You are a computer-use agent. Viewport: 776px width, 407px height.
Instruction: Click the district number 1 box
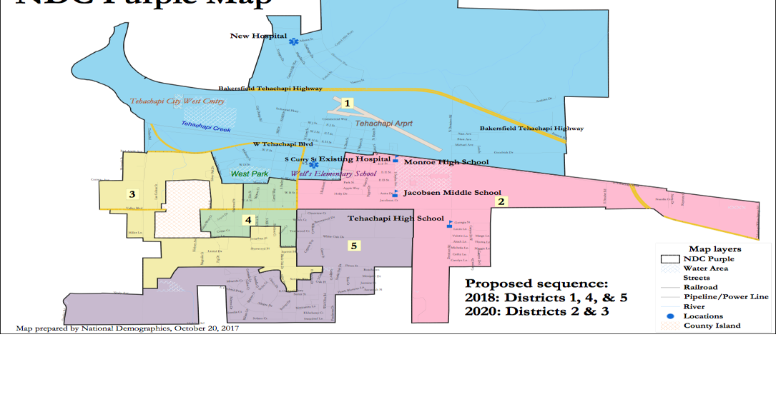[348, 103]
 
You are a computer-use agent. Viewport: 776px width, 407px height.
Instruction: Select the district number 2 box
[501, 201]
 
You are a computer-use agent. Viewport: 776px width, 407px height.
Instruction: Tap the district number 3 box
[132, 194]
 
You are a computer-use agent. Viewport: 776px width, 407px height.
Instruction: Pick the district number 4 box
[248, 220]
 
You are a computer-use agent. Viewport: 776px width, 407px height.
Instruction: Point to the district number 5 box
[354, 245]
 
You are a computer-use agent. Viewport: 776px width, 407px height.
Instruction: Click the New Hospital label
[258, 36]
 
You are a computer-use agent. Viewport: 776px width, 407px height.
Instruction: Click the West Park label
[249, 174]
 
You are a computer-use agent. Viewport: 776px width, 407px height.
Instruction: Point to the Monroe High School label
[446, 162]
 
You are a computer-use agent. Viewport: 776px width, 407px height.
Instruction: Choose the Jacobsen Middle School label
[452, 193]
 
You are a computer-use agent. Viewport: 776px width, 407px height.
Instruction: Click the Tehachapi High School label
[396, 218]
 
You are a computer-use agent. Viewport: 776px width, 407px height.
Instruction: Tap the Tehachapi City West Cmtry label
[177, 101]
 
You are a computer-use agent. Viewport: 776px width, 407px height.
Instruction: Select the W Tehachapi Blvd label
[284, 144]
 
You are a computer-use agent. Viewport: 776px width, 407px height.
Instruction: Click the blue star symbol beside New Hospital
[293, 41]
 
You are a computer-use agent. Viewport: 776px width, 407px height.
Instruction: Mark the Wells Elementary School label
[333, 174]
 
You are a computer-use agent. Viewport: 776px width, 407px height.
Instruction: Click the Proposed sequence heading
[536, 283]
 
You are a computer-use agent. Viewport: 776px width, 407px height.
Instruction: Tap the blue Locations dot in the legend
[669, 316]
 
